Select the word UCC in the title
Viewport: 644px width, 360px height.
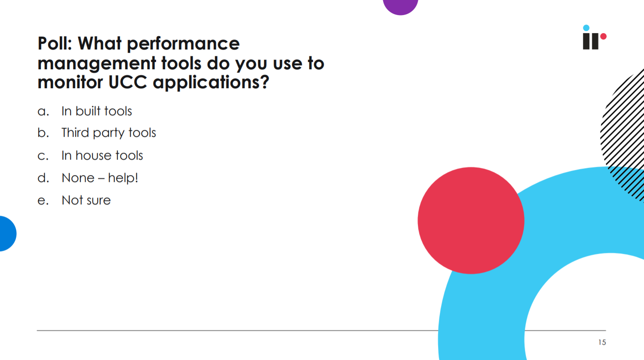pyautogui.click(x=128, y=82)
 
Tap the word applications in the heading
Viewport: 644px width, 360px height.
pyautogui.click(x=211, y=83)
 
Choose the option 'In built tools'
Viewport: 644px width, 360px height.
pyautogui.click(x=97, y=111)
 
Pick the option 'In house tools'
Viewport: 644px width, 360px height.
pyautogui.click(x=102, y=155)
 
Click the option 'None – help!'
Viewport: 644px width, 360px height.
pyautogui.click(x=100, y=178)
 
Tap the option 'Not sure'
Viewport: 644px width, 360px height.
pyautogui.click(x=86, y=200)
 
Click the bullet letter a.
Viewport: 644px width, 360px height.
pyautogui.click(x=43, y=111)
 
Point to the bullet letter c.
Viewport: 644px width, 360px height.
pyautogui.click(x=43, y=156)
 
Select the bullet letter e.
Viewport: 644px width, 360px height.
pyautogui.click(x=43, y=201)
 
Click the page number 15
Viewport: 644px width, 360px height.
pyautogui.click(x=602, y=342)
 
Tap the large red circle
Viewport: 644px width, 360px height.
pyautogui.click(x=471, y=221)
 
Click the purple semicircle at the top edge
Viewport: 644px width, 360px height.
pyautogui.click(x=401, y=6)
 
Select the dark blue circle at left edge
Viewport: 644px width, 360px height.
pyautogui.click(x=7, y=234)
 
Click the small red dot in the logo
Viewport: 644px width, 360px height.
pyautogui.click(x=604, y=37)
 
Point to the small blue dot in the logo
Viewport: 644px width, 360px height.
pyautogui.click(x=586, y=28)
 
